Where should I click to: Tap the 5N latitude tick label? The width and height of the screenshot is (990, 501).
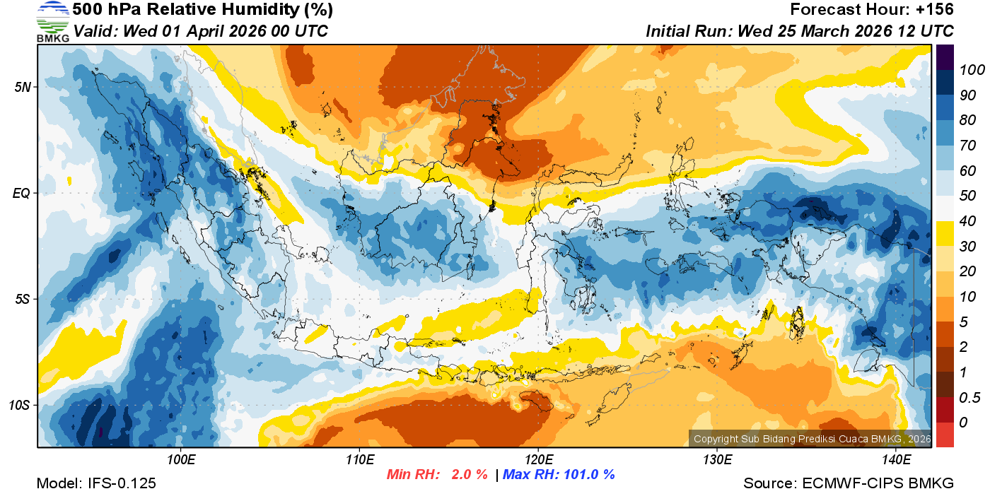[x=23, y=87]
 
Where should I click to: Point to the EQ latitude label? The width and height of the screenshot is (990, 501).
[x=23, y=193]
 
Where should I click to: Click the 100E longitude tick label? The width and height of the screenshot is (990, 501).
[x=181, y=460]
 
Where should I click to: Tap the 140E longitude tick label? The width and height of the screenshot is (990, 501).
[x=896, y=460]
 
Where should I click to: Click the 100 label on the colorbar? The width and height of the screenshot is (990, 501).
[x=967, y=70]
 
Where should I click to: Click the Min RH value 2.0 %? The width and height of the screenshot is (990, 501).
[x=470, y=474]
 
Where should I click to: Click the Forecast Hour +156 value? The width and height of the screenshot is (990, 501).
[x=936, y=10]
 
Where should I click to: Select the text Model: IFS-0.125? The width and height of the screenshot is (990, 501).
[x=96, y=483]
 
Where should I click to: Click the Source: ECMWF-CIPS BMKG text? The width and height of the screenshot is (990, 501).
[x=849, y=483]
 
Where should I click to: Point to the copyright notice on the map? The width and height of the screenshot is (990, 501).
[x=812, y=439]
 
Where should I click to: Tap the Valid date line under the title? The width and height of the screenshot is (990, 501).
[x=201, y=31]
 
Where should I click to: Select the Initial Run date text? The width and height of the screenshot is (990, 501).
[x=800, y=31]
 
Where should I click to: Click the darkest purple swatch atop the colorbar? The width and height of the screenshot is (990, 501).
[x=945, y=54]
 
